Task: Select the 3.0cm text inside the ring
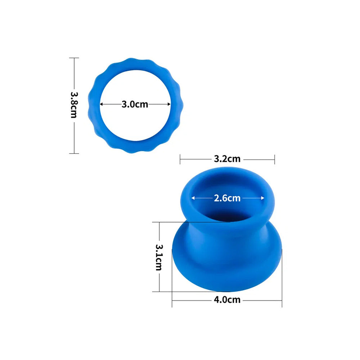tap(135, 104)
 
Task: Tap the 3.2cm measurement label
tap(227, 159)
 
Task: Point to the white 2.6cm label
tap(227, 198)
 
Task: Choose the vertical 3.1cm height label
tap(159, 257)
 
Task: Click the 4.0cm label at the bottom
tap(227, 300)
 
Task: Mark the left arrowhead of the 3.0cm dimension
tap(102, 104)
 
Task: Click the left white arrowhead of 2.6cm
tap(193, 198)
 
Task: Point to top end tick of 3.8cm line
tap(74, 58)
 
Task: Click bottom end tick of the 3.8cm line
tap(74, 153)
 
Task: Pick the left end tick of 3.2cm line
tap(180, 159)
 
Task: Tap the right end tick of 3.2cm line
tap(274, 159)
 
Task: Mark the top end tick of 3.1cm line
tap(159, 222)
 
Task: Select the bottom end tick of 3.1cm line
tap(159, 292)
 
